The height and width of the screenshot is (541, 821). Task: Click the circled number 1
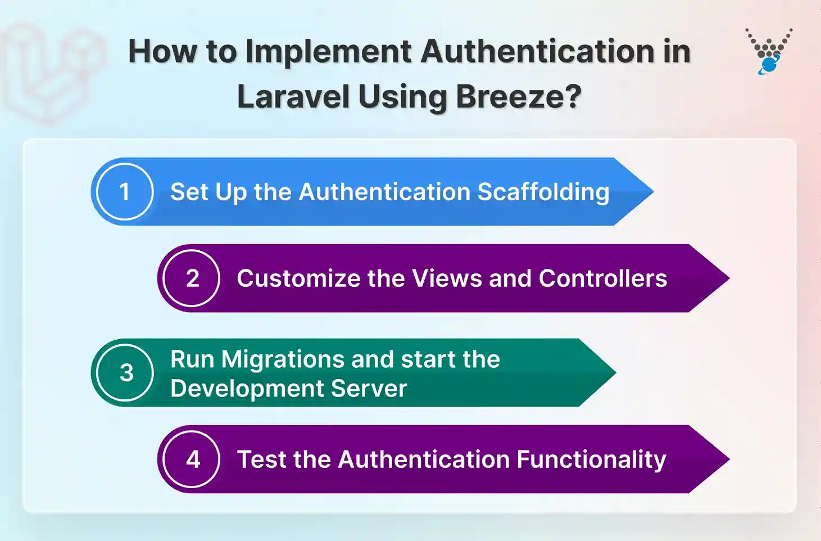coord(125,192)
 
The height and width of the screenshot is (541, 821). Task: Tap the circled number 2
coord(192,278)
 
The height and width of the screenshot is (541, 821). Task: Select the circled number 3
coord(125,372)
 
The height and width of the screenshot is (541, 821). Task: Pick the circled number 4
coord(192,459)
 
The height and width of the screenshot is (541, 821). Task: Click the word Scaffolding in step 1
coord(543,192)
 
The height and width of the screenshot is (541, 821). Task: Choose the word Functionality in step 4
coord(591,459)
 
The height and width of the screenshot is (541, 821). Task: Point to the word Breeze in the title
coord(518,97)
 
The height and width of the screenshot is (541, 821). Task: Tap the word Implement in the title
coord(329,52)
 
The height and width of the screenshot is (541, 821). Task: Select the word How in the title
coord(162,52)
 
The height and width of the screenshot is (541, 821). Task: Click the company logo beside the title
coord(768,51)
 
